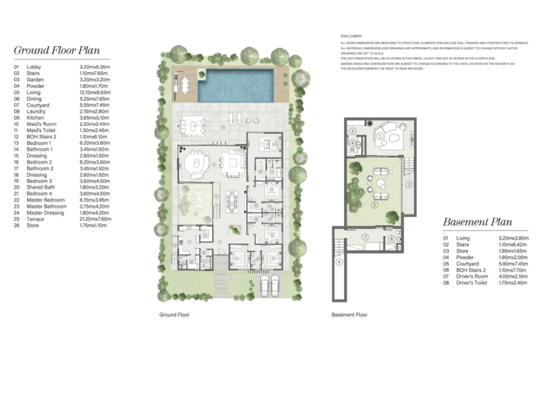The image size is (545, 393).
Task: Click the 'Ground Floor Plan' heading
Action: tap(57, 50)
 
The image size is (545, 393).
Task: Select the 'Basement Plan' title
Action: tap(477, 222)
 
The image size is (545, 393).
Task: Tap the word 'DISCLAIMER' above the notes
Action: tap(351, 36)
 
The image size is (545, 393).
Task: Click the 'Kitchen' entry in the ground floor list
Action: tap(35, 118)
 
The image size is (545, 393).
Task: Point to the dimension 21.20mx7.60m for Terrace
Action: tap(92, 219)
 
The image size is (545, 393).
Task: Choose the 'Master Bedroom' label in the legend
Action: tap(45, 200)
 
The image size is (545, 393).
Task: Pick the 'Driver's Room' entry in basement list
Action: tap(472, 277)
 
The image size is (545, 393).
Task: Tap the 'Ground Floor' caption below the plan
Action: tap(174, 315)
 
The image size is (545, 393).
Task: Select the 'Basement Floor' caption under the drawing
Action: tap(349, 315)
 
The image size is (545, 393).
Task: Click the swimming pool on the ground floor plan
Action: tap(237, 85)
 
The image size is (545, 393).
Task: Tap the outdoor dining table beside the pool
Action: tap(184, 84)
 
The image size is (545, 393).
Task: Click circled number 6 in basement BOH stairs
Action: tap(339, 262)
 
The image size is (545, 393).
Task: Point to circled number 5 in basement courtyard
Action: tap(374, 204)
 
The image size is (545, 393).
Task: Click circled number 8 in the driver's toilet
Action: tap(391, 239)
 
